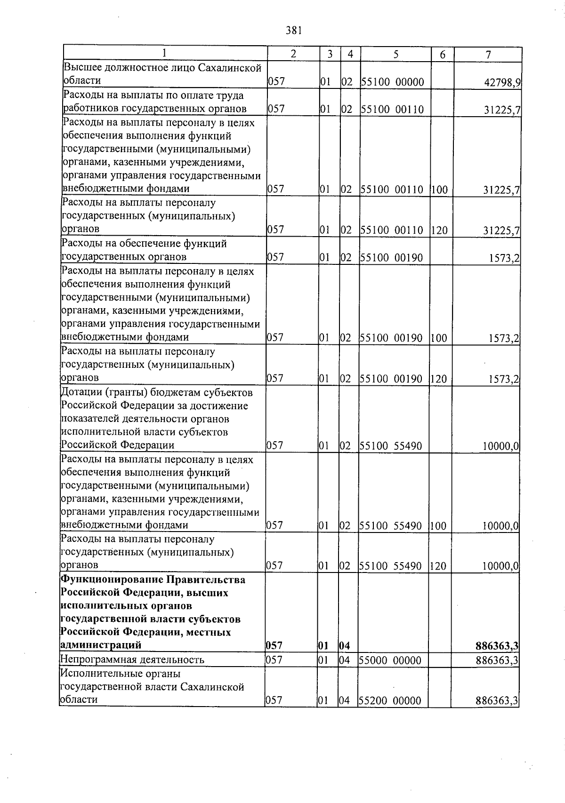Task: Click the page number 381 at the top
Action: [293, 31]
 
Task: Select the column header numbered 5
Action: [395, 54]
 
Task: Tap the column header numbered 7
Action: [488, 55]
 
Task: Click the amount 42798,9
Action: [502, 83]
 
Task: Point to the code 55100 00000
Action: [393, 82]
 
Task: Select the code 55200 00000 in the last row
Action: [390, 701]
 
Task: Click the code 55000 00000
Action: [390, 660]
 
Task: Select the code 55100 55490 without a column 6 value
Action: [391, 445]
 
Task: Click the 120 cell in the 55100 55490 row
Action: [438, 566]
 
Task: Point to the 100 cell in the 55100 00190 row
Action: [438, 338]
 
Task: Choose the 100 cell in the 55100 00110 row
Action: [439, 190]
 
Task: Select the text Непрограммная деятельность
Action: [132, 660]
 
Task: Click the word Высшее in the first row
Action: [81, 68]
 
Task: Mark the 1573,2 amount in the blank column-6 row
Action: [504, 258]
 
